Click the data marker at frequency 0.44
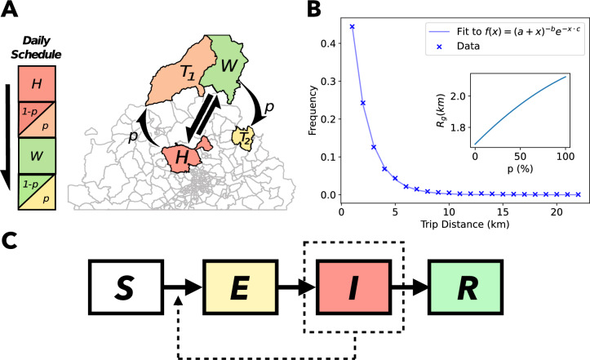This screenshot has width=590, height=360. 352,26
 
